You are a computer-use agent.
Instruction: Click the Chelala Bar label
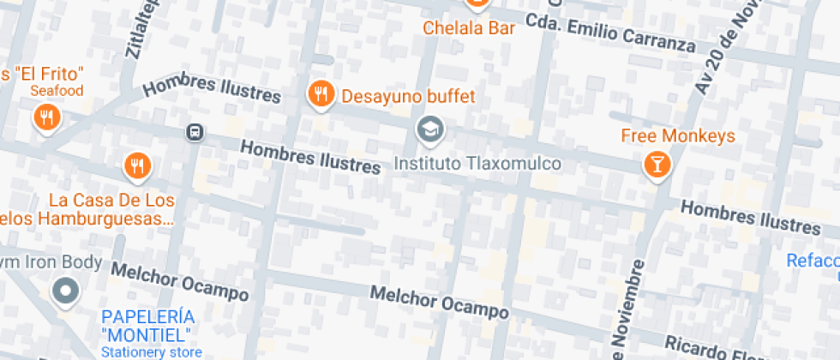(x=469, y=28)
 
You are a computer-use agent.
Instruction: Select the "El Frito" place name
(x=45, y=74)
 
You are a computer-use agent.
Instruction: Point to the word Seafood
(x=57, y=91)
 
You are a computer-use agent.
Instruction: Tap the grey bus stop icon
(x=195, y=132)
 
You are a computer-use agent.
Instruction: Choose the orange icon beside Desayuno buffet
(x=321, y=94)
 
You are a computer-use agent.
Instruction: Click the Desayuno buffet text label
(x=408, y=96)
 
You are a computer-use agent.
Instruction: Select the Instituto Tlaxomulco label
(x=477, y=163)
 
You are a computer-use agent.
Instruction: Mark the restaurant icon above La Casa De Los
(x=137, y=165)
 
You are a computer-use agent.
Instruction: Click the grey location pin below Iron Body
(x=66, y=291)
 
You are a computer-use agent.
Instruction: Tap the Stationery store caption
(x=152, y=351)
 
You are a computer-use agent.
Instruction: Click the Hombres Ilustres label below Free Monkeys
(x=750, y=217)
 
